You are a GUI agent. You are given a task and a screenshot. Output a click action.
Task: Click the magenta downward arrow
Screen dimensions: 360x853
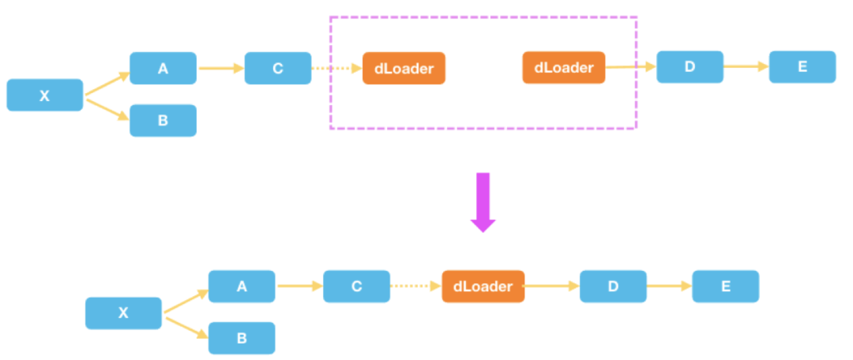[x=483, y=201]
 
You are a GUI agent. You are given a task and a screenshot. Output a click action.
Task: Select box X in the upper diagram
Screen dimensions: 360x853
[x=45, y=96]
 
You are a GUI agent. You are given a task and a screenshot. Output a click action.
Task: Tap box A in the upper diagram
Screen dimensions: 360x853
[x=163, y=69]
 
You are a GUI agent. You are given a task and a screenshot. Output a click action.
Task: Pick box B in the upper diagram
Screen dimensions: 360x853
[x=163, y=121]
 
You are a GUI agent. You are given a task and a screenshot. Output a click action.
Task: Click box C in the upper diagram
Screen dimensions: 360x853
[x=277, y=69]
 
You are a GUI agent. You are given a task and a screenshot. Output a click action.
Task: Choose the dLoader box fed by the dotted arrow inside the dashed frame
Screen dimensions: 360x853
[x=404, y=69]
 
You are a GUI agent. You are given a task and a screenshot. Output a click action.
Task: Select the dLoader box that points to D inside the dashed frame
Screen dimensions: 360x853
[x=563, y=68]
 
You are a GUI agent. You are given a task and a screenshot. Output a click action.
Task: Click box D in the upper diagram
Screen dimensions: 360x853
[x=690, y=67]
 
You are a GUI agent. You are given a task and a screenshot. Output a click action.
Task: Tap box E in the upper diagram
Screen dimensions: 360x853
[x=802, y=67]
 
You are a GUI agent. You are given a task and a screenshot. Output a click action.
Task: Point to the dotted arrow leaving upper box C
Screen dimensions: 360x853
[x=336, y=69]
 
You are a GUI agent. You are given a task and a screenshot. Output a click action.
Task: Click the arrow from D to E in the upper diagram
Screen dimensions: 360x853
[x=746, y=67]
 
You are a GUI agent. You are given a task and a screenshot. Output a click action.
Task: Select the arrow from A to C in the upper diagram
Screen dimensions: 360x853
[x=220, y=69]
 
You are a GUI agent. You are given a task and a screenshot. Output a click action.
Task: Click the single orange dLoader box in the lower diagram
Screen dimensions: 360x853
[x=483, y=287]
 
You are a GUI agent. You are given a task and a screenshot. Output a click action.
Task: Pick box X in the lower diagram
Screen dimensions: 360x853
[x=123, y=313]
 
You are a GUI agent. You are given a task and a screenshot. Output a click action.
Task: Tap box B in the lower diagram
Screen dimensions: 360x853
[x=242, y=338]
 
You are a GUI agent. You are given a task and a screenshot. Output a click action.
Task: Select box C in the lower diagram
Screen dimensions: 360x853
[x=356, y=287]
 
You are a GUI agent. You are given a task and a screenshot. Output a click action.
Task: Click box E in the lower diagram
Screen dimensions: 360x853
[x=725, y=287]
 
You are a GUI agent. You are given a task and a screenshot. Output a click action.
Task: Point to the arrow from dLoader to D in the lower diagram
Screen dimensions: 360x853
[x=551, y=287]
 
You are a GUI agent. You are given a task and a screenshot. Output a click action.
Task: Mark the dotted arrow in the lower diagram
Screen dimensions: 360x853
[x=415, y=287]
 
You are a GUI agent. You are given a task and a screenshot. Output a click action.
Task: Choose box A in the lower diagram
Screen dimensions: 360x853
[x=242, y=287]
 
